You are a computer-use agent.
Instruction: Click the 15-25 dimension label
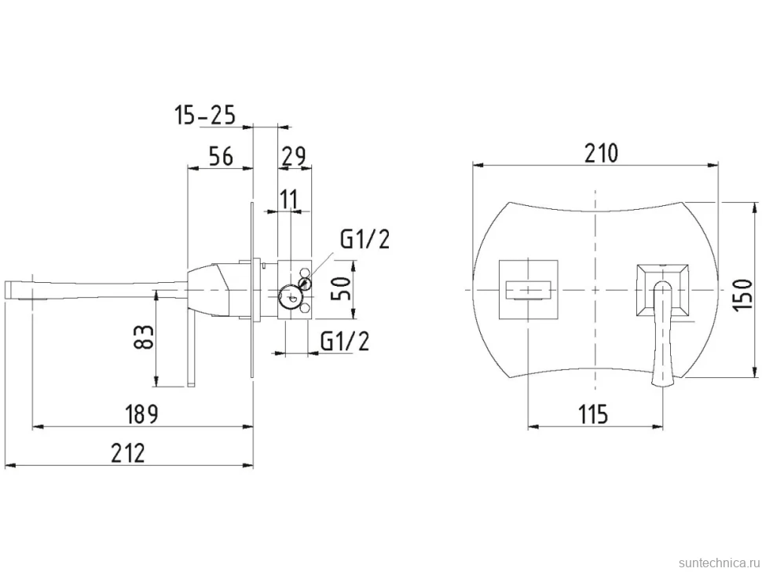(204, 115)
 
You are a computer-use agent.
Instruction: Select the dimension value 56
(221, 156)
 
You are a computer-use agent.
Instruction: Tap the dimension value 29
(294, 156)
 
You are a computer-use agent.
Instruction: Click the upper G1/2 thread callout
(365, 240)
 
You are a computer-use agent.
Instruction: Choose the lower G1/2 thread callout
(345, 341)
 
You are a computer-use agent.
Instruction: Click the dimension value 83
(144, 337)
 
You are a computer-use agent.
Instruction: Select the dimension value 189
(142, 415)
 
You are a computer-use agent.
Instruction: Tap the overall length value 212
(128, 453)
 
